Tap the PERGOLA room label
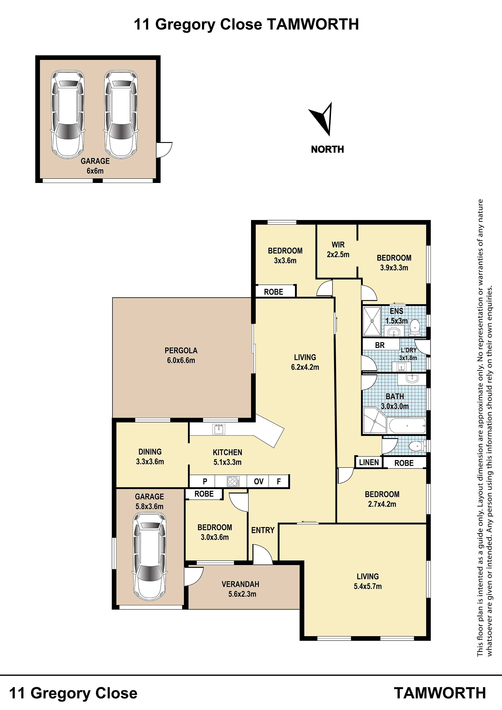181,351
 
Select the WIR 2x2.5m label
338,250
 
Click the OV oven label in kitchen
258,481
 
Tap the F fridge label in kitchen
279,481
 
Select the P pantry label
205,481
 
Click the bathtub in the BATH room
407,425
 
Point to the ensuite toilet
415,328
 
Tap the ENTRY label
263,530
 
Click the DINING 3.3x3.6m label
150,456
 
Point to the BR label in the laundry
380,345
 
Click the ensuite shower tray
372,321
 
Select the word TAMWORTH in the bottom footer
440,693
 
